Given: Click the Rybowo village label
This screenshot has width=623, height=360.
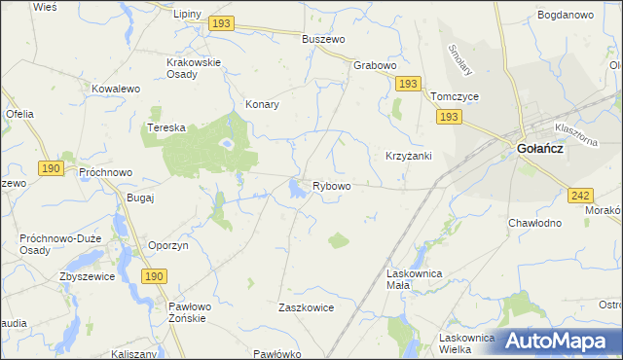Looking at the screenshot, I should [331, 186].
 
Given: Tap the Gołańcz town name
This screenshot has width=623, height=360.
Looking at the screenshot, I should [540, 149].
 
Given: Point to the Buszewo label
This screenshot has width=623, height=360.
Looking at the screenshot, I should [324, 39].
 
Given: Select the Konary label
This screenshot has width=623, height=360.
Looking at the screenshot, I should [263, 104].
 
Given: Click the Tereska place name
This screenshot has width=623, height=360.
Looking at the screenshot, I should [165, 127].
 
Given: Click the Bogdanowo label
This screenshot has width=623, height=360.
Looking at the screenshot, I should [565, 16].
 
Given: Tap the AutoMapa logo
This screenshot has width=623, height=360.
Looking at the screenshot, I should [559, 342].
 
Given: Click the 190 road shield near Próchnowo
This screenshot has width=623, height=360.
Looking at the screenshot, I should [51, 168].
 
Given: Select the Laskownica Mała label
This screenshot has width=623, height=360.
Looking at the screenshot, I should [415, 280].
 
